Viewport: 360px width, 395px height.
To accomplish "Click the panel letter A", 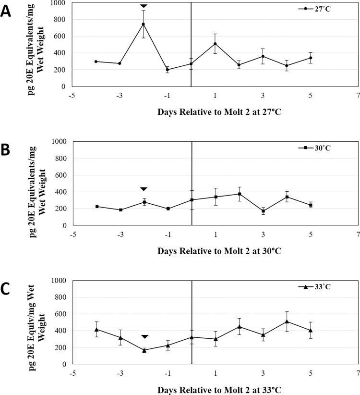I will coord(7,11).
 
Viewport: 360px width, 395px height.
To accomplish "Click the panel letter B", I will coord(7,150).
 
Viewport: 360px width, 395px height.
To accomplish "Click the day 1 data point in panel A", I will coord(215,44).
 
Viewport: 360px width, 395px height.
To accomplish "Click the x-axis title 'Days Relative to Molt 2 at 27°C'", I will coord(216,112).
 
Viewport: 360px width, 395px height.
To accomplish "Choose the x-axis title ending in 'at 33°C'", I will coord(216,389).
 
